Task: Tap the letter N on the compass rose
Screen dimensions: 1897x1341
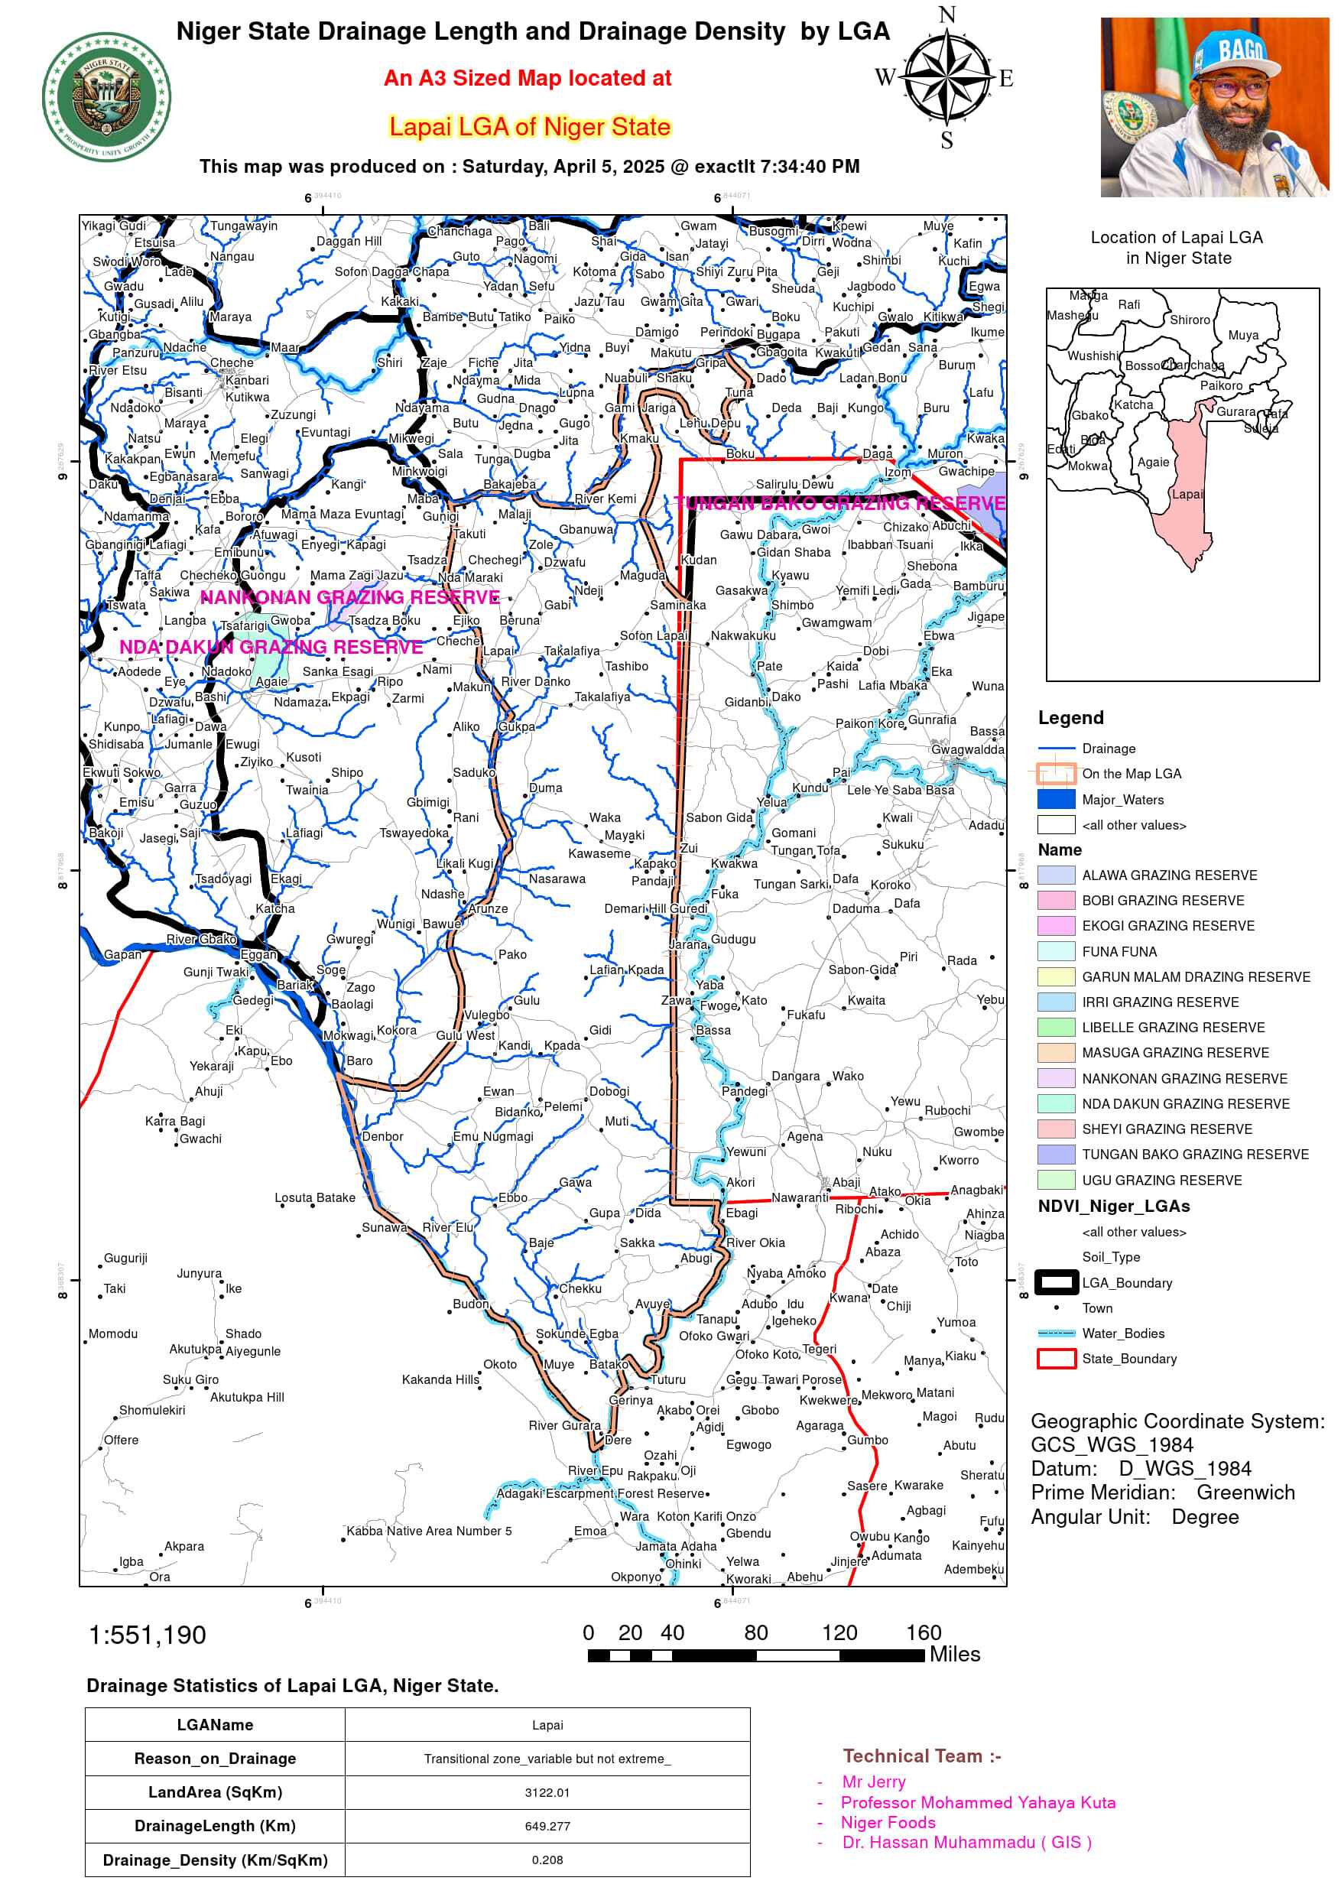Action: (x=946, y=15)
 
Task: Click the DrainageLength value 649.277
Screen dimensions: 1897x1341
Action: (x=547, y=1826)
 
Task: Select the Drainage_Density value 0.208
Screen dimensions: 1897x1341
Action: (x=547, y=1860)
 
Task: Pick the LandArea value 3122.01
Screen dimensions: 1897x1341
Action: (x=547, y=1792)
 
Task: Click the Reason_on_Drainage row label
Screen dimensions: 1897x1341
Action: (x=215, y=1758)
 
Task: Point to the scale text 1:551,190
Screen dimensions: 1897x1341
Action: (x=147, y=1635)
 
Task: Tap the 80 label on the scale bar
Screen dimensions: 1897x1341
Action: (x=755, y=1632)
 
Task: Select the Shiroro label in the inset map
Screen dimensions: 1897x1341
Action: (x=1189, y=320)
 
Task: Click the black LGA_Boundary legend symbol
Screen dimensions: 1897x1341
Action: (x=1056, y=1282)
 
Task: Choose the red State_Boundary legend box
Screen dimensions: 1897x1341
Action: (x=1056, y=1358)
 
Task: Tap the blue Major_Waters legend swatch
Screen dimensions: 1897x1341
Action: (x=1056, y=799)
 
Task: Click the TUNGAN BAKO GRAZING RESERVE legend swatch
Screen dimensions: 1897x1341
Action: (x=1056, y=1155)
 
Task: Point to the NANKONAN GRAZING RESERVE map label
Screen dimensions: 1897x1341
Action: (x=349, y=597)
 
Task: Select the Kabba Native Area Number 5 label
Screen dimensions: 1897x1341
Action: (x=429, y=1531)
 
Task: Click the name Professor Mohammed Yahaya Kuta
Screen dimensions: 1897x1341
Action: (x=977, y=1803)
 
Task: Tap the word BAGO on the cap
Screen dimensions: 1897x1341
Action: (x=1240, y=50)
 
